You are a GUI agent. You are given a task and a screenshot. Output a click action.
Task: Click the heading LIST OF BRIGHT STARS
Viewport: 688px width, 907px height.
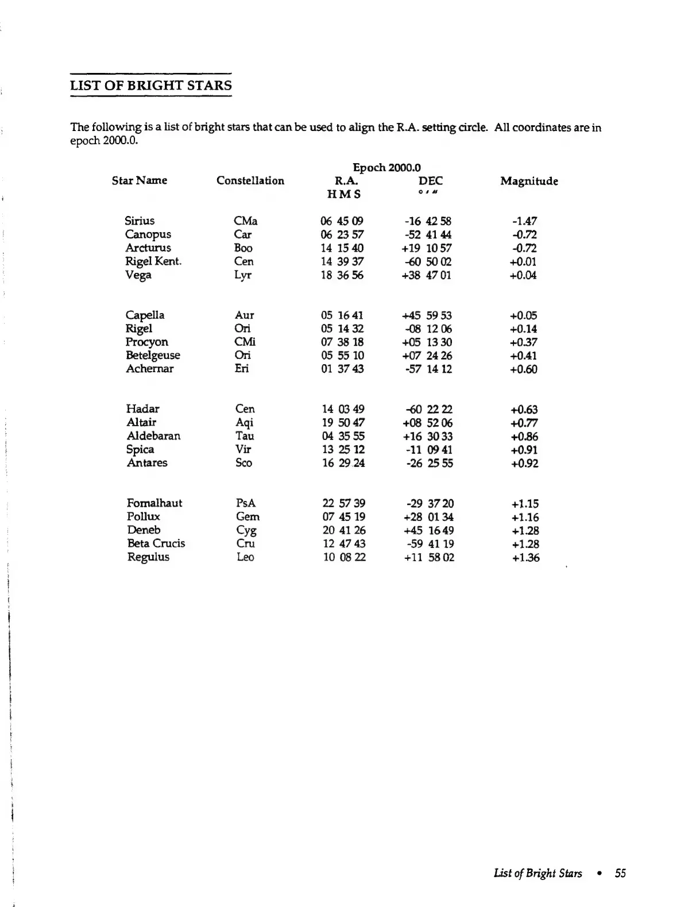pos(150,86)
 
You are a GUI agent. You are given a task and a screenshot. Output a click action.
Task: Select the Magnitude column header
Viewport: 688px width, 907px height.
pos(529,181)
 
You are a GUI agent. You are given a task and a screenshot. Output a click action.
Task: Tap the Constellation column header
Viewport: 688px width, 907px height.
pos(250,180)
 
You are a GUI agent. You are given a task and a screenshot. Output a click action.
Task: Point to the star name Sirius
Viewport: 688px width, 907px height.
pos(140,221)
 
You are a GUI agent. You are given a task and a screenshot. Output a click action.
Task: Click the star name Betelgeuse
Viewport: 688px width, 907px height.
pos(153,355)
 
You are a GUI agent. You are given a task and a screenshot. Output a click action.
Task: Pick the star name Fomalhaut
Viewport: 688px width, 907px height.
pos(154,503)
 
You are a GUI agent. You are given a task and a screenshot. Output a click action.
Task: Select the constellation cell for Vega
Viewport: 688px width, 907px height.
pos(243,275)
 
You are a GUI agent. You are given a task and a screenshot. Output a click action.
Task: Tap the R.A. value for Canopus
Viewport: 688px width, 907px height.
pos(342,234)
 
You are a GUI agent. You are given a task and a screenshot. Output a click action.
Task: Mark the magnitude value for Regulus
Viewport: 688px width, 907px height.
pos(525,557)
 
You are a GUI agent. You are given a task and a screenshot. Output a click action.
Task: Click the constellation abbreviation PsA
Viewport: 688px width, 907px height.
pos(246,503)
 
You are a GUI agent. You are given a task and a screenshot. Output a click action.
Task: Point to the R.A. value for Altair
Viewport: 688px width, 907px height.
pos(343,422)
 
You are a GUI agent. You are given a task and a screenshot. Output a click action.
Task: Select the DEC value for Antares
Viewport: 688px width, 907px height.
pos(430,463)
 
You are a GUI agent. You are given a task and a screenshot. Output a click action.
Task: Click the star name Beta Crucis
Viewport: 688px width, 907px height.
pos(156,543)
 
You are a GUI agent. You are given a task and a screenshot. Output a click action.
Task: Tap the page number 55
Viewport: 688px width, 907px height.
pos(620,873)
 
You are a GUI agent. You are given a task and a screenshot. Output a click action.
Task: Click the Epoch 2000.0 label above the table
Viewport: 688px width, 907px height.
pos(386,167)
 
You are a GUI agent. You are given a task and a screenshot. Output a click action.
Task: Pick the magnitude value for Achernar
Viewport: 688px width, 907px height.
pos(524,369)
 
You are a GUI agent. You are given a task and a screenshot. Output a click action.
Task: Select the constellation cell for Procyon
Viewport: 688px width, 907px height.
pos(245,342)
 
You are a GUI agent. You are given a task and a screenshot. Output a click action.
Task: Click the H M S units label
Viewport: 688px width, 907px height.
pos(344,194)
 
